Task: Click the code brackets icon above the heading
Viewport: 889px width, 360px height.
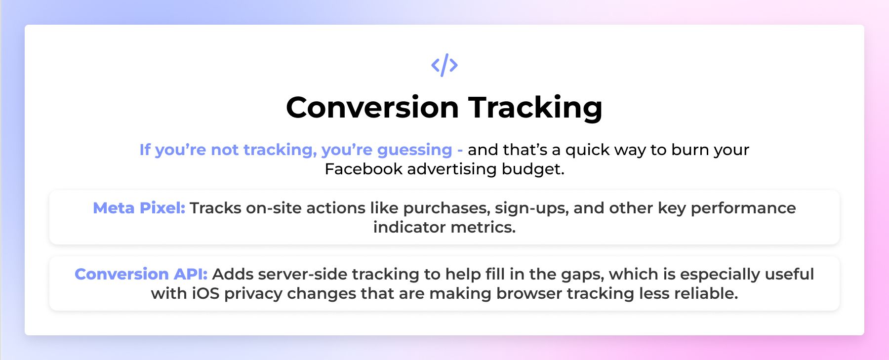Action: tap(444, 65)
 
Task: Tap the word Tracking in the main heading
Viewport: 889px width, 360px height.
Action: tap(535, 108)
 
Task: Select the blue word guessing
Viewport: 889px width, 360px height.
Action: tap(414, 150)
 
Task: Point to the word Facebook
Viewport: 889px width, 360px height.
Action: tap(364, 169)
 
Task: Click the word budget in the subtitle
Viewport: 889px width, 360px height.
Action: tap(533, 169)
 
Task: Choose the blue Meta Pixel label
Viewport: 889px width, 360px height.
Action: tap(139, 208)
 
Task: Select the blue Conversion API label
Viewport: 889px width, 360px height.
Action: tap(141, 274)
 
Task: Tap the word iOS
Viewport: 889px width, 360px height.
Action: tap(205, 293)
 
